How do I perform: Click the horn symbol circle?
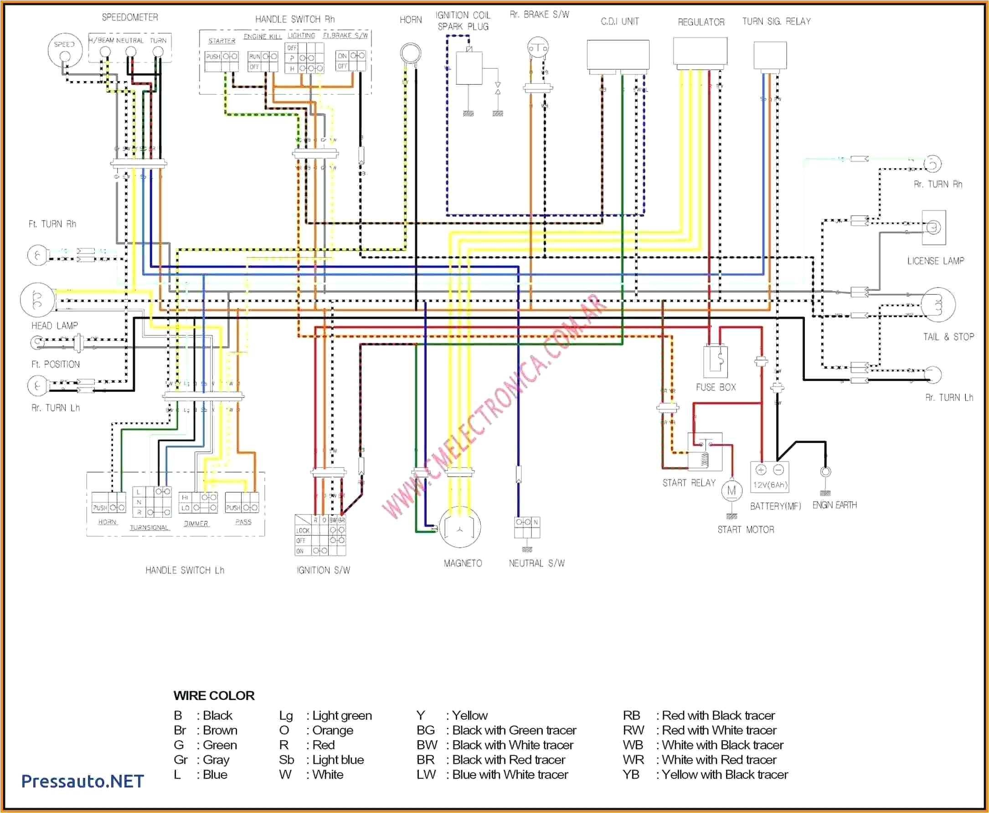[x=410, y=52]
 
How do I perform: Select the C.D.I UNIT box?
[x=618, y=55]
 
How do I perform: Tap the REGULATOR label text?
[x=701, y=22]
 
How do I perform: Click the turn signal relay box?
[x=770, y=55]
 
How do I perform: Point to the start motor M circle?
[x=731, y=491]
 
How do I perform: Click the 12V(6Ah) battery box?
[x=769, y=477]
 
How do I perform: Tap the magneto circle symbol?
[x=460, y=527]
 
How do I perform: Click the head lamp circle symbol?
[x=37, y=300]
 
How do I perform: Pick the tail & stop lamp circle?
[x=938, y=305]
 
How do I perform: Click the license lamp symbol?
[x=933, y=227]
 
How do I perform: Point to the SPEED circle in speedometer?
[x=65, y=50]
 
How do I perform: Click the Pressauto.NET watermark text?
[x=82, y=781]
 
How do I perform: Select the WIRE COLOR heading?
[x=214, y=695]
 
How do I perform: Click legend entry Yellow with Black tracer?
[x=705, y=775]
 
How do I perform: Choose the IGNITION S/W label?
[x=323, y=570]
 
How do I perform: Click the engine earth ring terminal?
[x=825, y=472]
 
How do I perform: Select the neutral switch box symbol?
[x=527, y=528]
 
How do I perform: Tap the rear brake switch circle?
[x=538, y=47]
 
